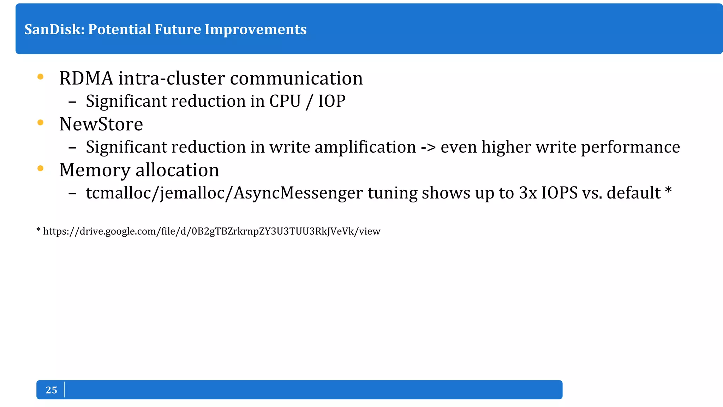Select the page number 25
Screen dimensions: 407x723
51,390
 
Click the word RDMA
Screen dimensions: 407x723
86,78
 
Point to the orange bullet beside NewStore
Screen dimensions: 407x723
40,123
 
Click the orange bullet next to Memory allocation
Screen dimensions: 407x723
40,169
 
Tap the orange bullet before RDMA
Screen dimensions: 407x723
40,77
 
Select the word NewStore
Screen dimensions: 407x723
101,124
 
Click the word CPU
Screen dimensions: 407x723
285,101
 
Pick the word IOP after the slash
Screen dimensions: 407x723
331,101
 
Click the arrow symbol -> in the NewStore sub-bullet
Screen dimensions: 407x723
428,147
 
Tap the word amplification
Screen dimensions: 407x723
365,147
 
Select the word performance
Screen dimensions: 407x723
631,147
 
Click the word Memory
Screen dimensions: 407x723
95,170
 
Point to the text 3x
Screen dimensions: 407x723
527,193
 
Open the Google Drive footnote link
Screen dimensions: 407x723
211,231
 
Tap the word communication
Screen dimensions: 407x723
296,78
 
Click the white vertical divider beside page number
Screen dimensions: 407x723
64,390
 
